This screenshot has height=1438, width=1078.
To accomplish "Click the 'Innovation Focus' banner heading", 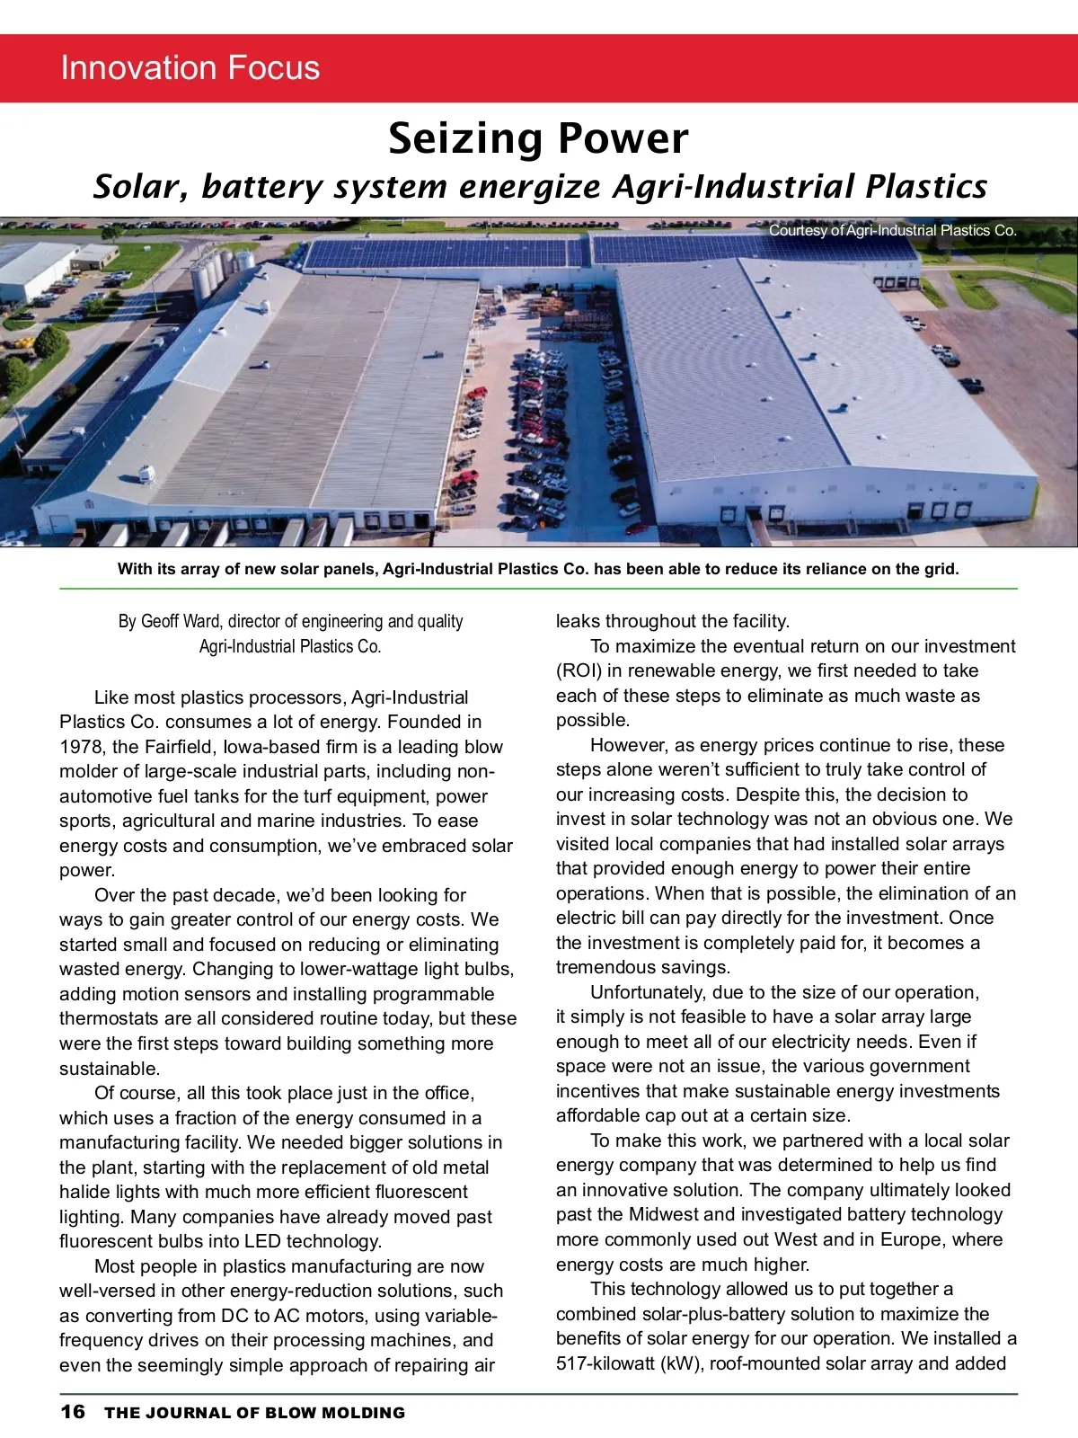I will [x=190, y=68].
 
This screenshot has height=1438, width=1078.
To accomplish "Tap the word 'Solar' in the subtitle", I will [x=141, y=186].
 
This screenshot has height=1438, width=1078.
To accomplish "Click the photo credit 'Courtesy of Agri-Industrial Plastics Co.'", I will [x=892, y=231].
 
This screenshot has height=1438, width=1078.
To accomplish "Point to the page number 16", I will [x=73, y=1411].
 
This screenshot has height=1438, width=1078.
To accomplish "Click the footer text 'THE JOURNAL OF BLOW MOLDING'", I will [x=254, y=1413].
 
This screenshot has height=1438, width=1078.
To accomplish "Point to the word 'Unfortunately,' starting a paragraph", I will [x=648, y=992].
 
